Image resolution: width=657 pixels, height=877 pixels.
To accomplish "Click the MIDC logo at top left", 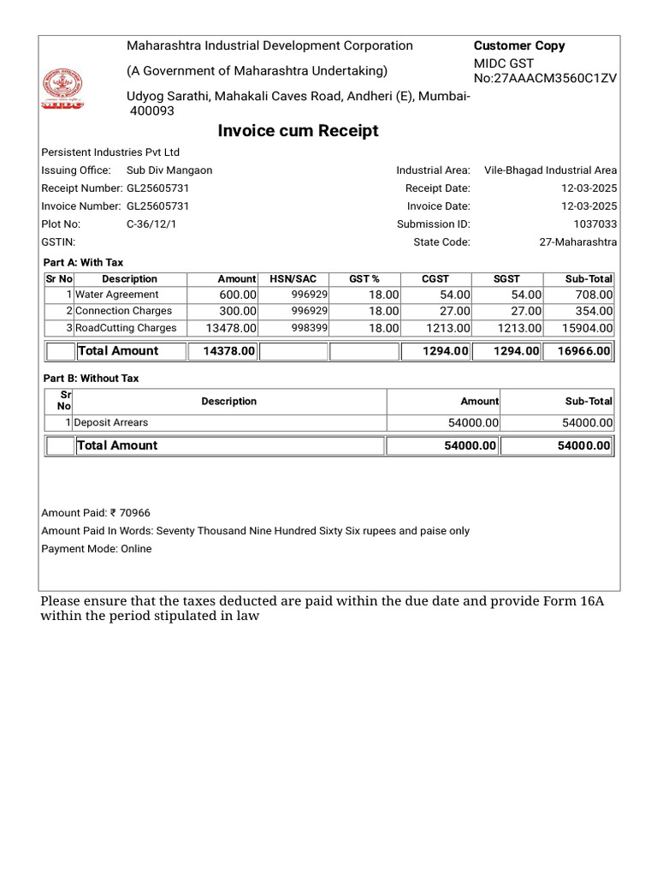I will click(62, 90).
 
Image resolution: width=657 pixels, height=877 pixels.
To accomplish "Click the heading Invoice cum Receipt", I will click(298, 131).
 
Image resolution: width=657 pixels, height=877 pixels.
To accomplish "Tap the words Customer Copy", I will click(519, 46).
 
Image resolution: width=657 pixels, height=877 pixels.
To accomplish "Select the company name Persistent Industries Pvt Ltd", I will click(110, 152).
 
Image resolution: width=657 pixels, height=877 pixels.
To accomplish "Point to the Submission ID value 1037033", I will click(596, 224).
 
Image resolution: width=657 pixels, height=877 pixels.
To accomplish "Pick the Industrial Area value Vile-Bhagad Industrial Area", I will click(550, 170).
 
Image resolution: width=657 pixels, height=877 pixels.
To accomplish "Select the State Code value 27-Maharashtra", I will click(577, 242).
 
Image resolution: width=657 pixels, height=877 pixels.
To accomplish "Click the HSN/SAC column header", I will click(293, 279).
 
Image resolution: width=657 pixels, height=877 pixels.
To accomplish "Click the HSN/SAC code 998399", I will click(311, 328).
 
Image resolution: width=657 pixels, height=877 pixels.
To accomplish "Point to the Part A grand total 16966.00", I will click(581, 351).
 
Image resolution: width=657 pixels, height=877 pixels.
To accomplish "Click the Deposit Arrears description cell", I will click(111, 422).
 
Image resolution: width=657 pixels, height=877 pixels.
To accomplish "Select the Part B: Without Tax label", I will click(91, 379).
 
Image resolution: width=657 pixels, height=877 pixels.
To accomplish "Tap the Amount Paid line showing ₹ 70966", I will click(96, 513).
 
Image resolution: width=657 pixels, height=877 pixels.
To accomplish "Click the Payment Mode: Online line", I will click(97, 549).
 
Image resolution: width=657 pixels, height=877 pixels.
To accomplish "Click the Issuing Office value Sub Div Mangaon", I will click(169, 170).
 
